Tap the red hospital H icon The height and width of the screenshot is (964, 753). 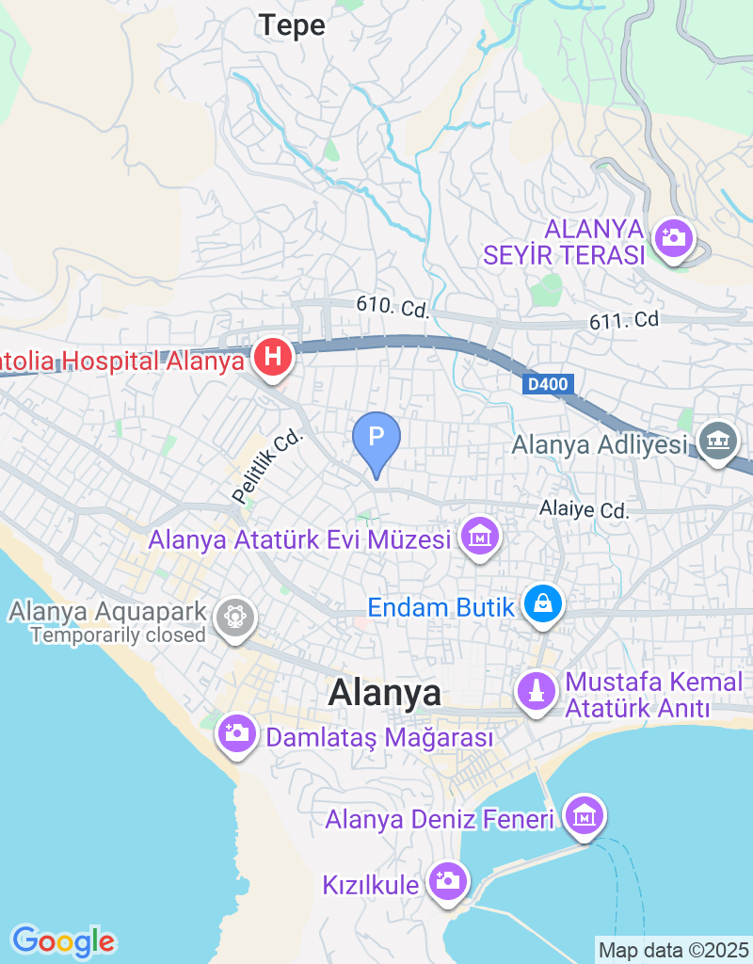273,358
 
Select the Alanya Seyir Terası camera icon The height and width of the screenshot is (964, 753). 674,236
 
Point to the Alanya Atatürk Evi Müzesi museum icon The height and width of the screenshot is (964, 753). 480,537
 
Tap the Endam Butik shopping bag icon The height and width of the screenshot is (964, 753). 543,603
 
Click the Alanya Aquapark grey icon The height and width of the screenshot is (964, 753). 233,619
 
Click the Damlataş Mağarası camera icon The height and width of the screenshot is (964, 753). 236,732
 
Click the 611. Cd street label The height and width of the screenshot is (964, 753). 624,321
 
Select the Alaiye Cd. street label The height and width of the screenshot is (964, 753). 584,510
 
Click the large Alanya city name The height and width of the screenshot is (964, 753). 384,694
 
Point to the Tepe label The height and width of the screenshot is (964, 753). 292,25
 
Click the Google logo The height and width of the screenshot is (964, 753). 63,940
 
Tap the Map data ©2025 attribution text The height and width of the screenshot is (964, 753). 673,950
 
